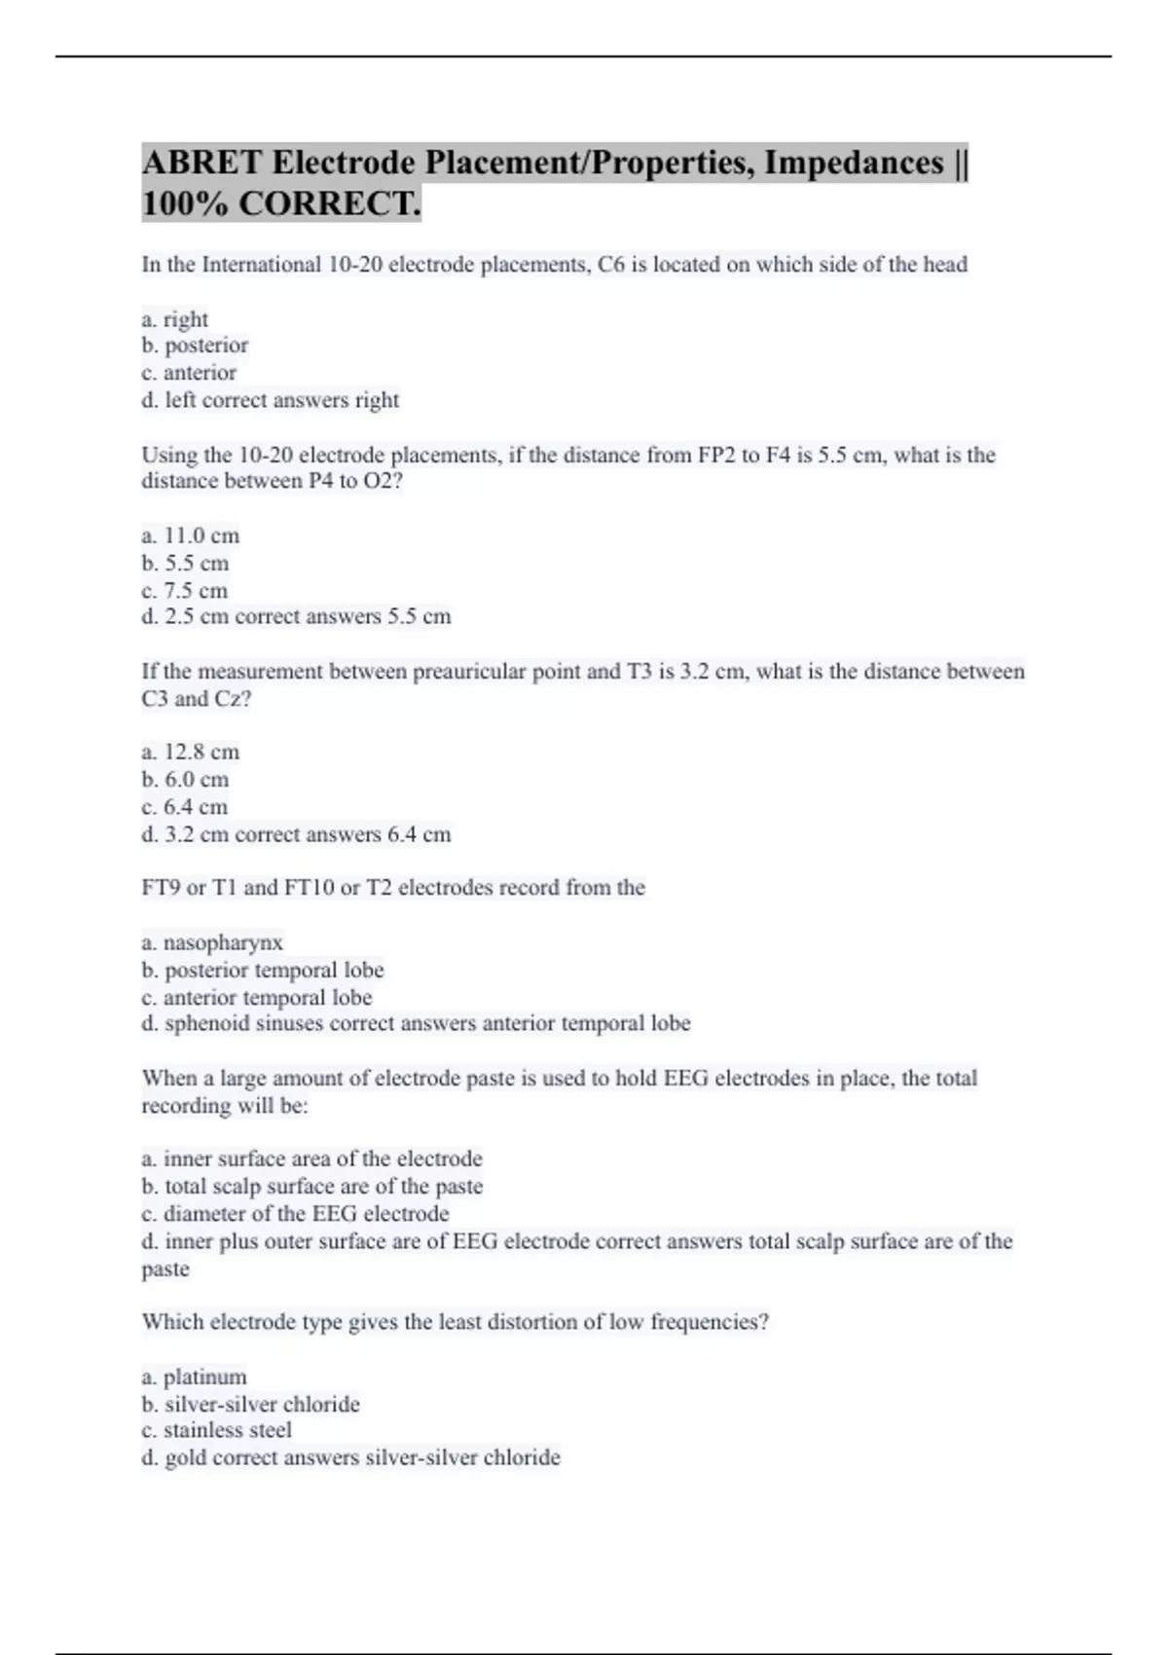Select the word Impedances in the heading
click(853, 163)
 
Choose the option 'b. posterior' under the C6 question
click(195, 346)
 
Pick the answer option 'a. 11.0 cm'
click(191, 536)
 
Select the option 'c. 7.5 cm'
click(185, 591)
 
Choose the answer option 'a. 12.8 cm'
click(191, 753)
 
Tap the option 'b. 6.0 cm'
click(185, 780)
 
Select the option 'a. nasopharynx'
click(212, 942)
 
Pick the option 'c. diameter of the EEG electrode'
click(295, 1214)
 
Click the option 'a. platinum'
click(194, 1378)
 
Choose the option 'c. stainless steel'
click(216, 1430)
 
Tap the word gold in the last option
click(185, 1458)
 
